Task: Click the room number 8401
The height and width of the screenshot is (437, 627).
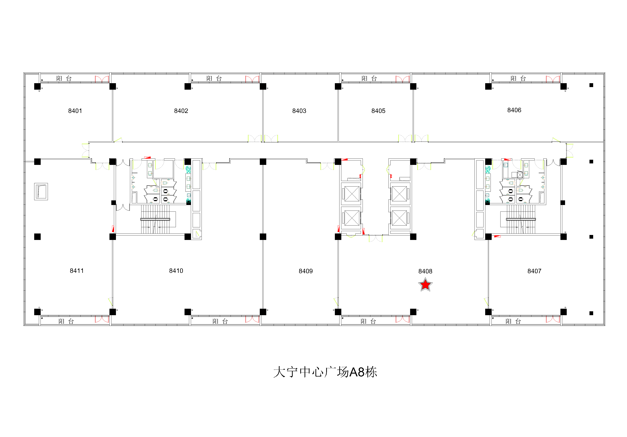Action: tap(75, 111)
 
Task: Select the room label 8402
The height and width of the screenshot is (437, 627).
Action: tap(181, 111)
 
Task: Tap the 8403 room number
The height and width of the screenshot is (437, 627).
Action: tap(299, 111)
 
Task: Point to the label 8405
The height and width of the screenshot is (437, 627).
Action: tap(378, 111)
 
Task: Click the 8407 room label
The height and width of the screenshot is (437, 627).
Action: tap(534, 271)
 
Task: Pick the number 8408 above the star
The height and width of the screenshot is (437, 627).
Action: tap(425, 271)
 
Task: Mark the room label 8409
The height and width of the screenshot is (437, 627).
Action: tap(306, 271)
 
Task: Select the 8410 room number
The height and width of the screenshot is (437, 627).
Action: tap(176, 271)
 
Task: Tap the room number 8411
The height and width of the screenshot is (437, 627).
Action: tap(77, 271)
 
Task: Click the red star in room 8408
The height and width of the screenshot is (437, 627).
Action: tap(425, 285)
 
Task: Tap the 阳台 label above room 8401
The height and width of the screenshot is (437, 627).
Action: tap(64, 78)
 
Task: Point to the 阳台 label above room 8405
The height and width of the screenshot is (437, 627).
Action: tap(369, 78)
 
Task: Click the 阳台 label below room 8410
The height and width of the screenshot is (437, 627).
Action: tap(220, 321)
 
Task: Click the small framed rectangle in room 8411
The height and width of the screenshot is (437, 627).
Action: tap(41, 192)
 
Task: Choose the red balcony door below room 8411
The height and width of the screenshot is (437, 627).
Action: tap(102, 319)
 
